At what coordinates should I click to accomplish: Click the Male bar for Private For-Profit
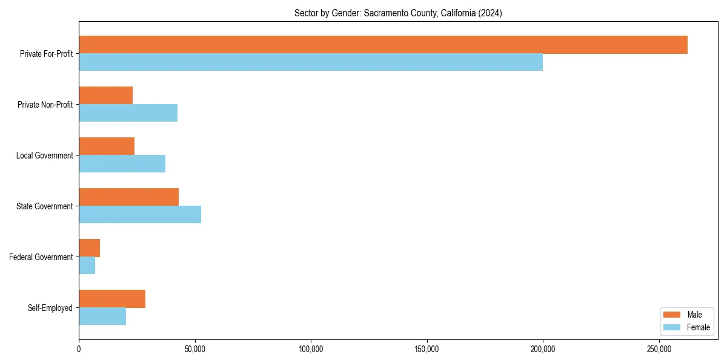coord(383,45)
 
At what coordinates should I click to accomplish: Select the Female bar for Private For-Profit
coord(311,62)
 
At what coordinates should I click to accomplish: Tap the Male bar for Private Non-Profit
coord(106,96)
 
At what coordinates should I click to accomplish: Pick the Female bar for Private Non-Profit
coord(128,113)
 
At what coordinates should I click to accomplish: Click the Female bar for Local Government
coord(122,164)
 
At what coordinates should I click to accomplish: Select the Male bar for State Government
coord(128,197)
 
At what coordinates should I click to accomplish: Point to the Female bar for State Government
coord(140,215)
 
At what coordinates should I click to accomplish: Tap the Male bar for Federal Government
coord(89,248)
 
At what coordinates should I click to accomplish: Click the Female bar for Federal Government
coord(87,266)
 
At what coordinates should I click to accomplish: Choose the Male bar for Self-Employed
coord(112,299)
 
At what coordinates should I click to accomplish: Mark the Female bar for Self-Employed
coord(102,316)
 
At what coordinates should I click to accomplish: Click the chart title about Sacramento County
coord(398,13)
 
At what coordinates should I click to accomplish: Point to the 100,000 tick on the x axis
coord(311,350)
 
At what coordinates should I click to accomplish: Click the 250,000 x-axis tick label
coord(659,350)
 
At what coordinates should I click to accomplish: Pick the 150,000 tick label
coord(427,350)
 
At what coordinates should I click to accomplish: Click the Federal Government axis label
coord(41,257)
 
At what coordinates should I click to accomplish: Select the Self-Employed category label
coord(50,308)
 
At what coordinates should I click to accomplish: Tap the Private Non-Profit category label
coord(45,105)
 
